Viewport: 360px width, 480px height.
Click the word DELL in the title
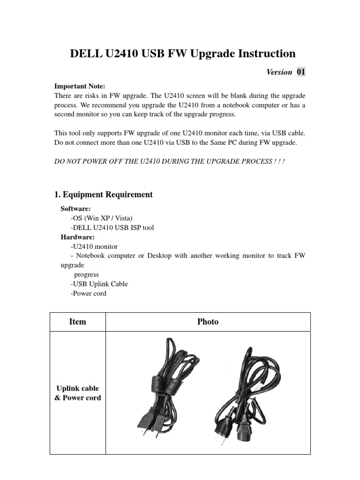(x=85, y=53)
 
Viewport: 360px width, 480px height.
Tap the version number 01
(x=300, y=72)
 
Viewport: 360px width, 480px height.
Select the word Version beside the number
(x=279, y=72)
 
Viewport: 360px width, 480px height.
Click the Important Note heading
(x=80, y=86)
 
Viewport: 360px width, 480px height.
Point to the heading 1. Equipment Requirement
(x=104, y=195)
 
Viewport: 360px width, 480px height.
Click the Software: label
(x=76, y=209)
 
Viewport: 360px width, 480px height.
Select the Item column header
(x=77, y=322)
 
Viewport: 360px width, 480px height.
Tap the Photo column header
(x=208, y=322)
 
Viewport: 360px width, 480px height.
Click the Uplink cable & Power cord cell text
(x=78, y=393)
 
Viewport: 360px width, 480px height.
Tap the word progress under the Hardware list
(x=87, y=275)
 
